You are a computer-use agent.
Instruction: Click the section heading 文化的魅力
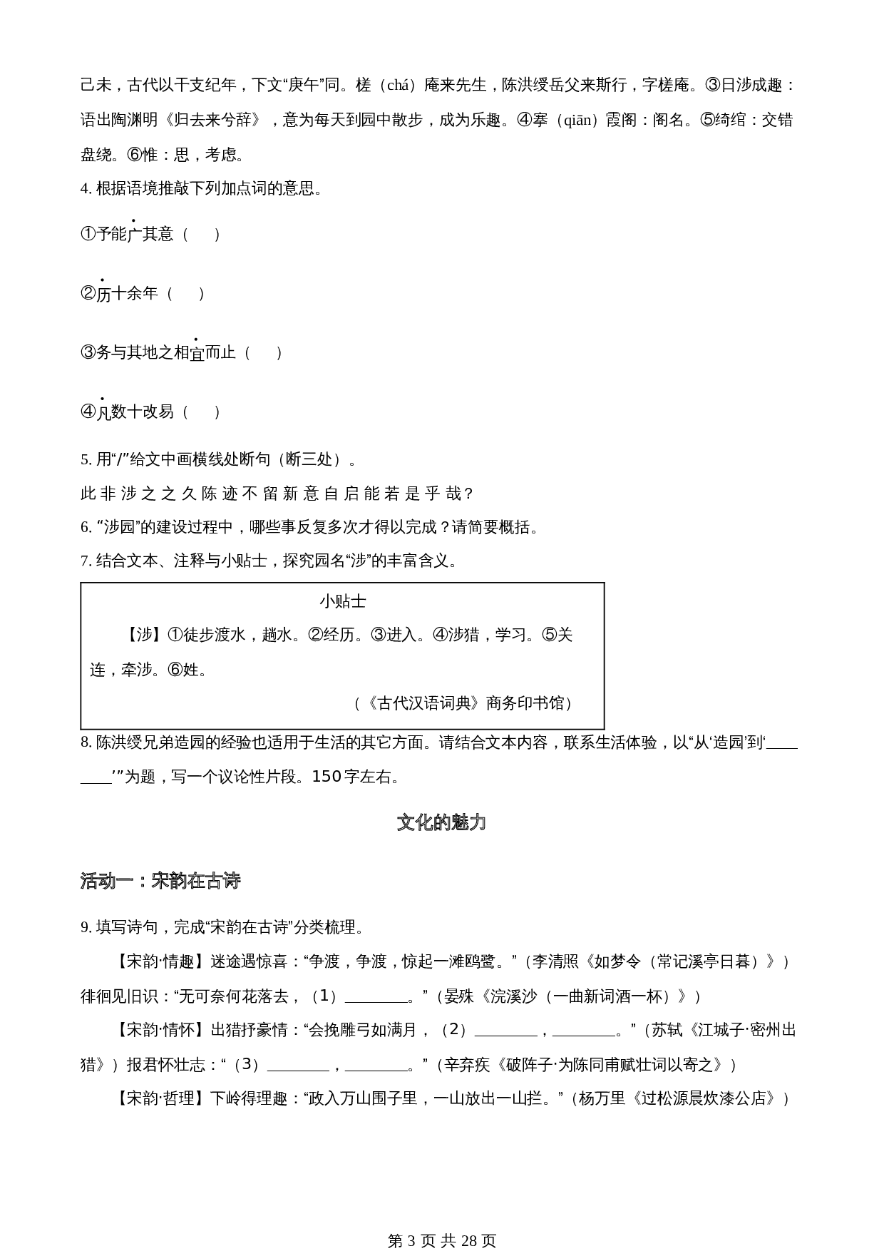coord(441,822)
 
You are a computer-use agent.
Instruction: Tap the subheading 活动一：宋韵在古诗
coord(160,881)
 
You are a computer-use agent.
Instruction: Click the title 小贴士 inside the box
coord(342,601)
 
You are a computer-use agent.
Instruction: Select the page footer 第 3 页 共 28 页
coord(441,1221)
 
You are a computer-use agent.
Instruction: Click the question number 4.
coord(85,188)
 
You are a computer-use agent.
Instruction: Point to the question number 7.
coord(85,561)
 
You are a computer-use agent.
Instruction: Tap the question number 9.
coord(85,927)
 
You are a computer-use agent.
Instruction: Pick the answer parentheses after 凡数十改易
coord(201,412)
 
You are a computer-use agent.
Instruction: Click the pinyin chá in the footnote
coord(401,86)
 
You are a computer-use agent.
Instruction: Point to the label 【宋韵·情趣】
coord(160,961)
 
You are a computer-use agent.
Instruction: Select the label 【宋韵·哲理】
coord(160,1098)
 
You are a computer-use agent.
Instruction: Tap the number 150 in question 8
coord(327,776)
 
